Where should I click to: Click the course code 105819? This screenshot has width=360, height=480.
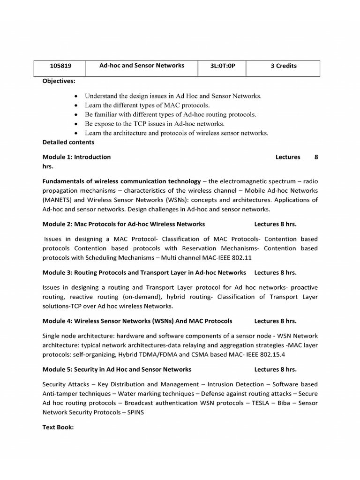60,66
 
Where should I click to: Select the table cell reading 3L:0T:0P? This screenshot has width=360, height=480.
222,66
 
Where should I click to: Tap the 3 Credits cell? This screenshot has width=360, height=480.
284,66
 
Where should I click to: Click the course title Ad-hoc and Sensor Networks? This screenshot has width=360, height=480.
142,66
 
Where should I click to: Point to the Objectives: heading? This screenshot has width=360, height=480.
59,81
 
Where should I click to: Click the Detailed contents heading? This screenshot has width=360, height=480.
68,142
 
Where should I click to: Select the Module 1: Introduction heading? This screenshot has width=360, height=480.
77,157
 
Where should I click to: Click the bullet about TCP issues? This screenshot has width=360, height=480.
155,124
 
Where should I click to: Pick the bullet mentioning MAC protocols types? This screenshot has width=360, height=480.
147,105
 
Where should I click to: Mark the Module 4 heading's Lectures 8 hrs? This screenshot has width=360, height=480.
275,321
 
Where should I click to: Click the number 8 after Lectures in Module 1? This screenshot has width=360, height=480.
316,157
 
